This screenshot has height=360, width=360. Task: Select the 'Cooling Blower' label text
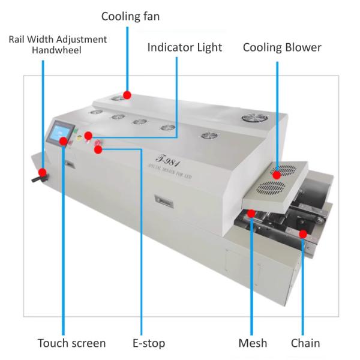point(282,47)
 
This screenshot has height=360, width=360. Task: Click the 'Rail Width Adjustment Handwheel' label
point(58,44)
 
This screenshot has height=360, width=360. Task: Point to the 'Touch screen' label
point(72,343)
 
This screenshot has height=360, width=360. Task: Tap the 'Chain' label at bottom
point(305,343)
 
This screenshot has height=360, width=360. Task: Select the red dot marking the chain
point(304,233)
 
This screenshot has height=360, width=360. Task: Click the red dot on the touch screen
point(62,141)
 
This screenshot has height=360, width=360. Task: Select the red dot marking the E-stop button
point(98,149)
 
